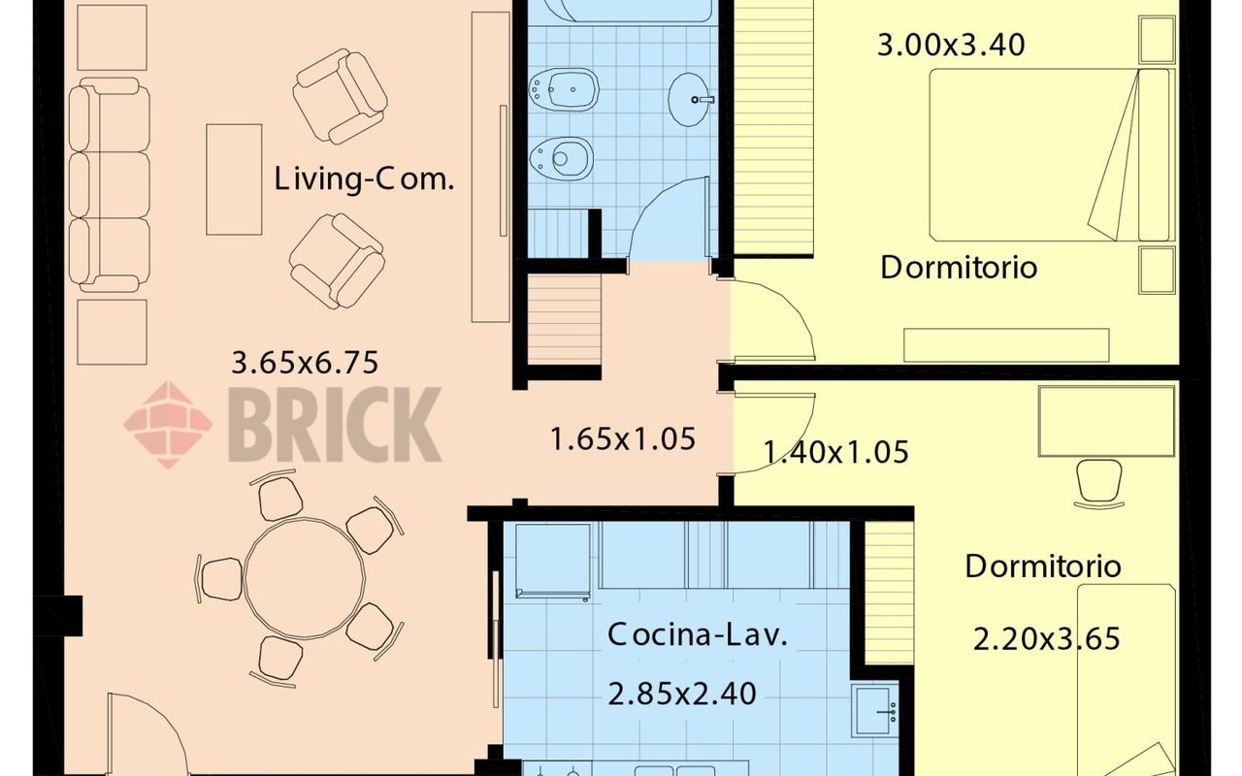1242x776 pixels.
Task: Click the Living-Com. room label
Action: pos(364,179)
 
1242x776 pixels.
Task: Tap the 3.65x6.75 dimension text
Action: pos(305,363)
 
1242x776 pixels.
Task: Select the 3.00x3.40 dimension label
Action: pos(951,45)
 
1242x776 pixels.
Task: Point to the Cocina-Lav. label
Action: pos(698,634)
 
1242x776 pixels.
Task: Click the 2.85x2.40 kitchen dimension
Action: pos(682,694)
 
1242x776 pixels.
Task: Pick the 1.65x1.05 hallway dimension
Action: pos(623,439)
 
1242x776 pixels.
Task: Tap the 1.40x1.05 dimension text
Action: pos(836,452)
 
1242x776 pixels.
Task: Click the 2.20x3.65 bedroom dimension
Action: pos(1047,638)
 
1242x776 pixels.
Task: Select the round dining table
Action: pos(305,579)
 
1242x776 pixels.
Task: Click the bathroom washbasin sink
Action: pos(689,99)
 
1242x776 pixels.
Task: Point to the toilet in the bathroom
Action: pos(561,158)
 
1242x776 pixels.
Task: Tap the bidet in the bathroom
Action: pos(564,88)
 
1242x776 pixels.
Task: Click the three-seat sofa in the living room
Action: pos(110,185)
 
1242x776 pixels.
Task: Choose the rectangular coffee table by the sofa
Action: pos(234,179)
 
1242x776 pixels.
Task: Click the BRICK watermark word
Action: pos(335,424)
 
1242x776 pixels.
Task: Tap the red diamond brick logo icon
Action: pos(168,425)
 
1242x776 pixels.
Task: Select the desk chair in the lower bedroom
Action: pos(1099,484)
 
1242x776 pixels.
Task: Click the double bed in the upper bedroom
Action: pos(1052,155)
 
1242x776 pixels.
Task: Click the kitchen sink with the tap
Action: pos(875,711)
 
